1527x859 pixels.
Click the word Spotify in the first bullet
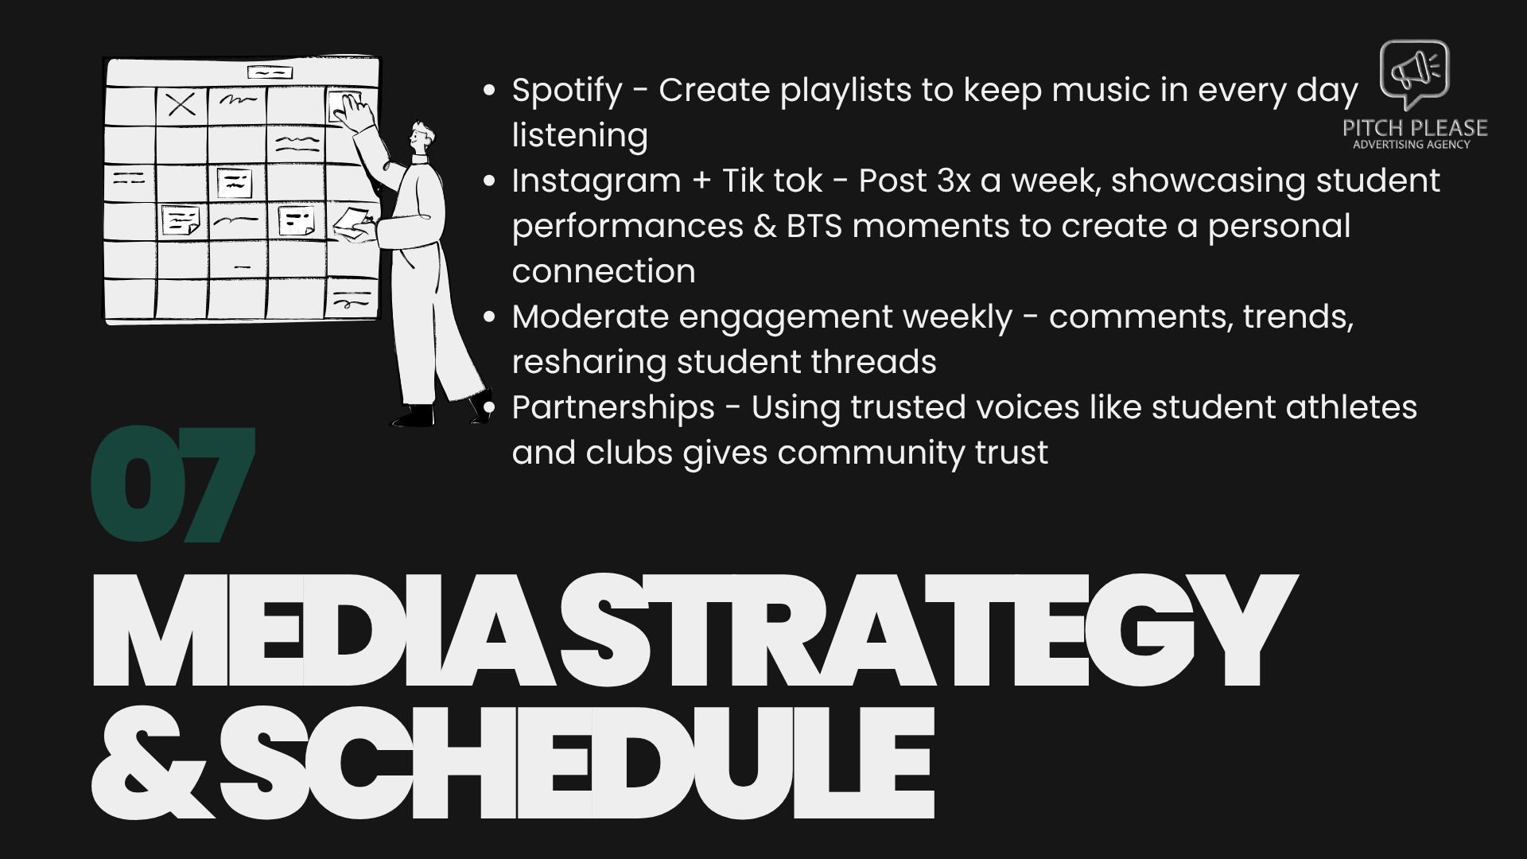[x=566, y=91]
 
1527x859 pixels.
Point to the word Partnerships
[x=613, y=408]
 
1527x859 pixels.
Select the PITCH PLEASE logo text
[x=1414, y=128]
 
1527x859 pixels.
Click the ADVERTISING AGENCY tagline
[x=1412, y=145]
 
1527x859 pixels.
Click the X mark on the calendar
[x=181, y=104]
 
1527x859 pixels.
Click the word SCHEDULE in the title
[x=577, y=764]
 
